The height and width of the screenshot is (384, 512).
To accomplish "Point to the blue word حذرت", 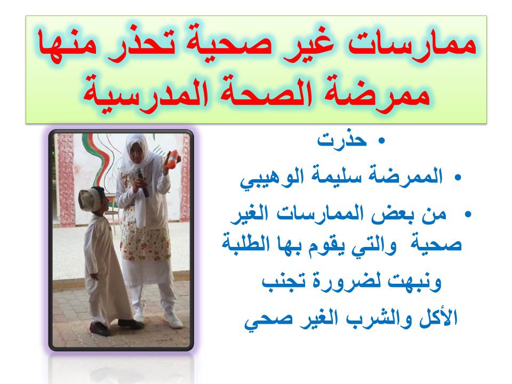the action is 342,140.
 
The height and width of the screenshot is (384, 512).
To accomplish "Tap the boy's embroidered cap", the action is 90,197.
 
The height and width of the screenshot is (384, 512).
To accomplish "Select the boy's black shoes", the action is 115,326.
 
